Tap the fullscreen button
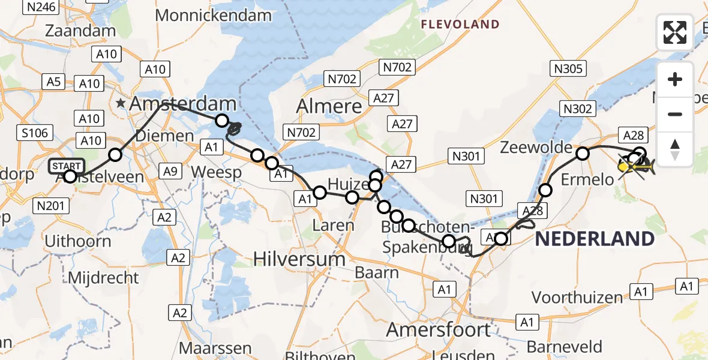click(675, 32)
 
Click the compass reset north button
click(675, 149)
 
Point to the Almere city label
click(330, 107)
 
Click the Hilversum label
click(299, 259)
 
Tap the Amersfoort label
click(439, 329)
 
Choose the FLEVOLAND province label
click(460, 25)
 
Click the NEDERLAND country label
click(594, 239)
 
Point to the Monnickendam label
click(214, 14)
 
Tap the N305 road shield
click(568, 68)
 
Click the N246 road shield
click(41, 7)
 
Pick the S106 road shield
click(34, 133)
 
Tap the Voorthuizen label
click(577, 297)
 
